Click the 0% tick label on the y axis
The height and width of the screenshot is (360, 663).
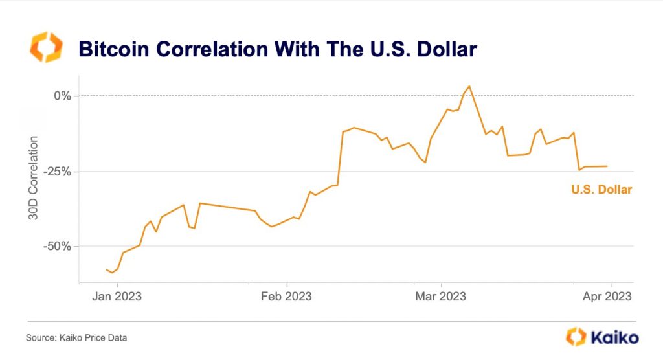click(62, 96)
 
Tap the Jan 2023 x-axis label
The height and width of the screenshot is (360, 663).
click(117, 297)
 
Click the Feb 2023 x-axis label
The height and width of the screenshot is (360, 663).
click(286, 297)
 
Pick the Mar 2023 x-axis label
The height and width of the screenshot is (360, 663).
click(441, 297)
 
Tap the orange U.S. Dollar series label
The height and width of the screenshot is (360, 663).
click(601, 190)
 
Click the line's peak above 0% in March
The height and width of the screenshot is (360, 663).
click(469, 86)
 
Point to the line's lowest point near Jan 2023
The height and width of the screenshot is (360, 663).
click(112, 273)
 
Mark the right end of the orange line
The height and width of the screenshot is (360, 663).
click(607, 166)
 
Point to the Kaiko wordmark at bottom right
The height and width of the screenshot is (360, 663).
click(613, 337)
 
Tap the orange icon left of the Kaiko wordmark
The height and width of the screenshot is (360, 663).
click(576, 337)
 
